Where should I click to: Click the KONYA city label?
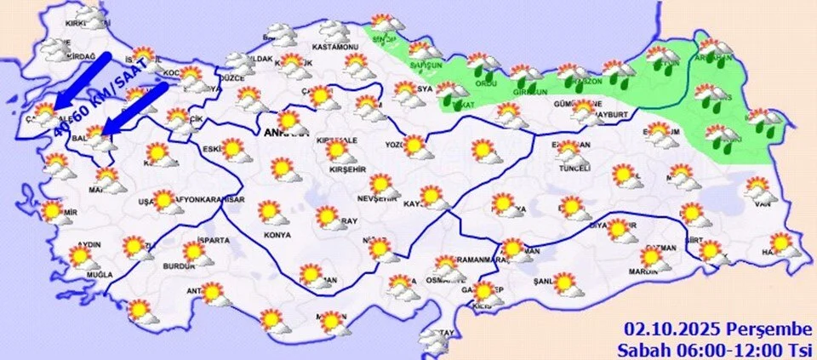tap(277, 234)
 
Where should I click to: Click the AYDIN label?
tap(89, 244)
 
